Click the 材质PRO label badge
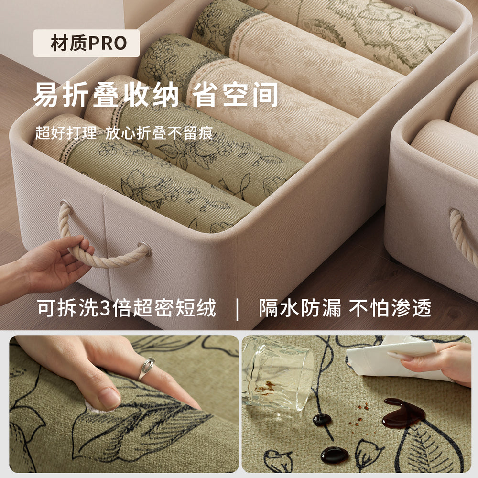tap(87, 43)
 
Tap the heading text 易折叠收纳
tap(106, 95)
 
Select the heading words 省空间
tap(235, 95)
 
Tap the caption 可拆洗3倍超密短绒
tap(127, 308)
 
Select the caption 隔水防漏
tap(300, 308)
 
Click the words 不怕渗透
tap(390, 308)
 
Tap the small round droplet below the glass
tap(322, 420)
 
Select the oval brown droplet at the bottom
tap(335, 456)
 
